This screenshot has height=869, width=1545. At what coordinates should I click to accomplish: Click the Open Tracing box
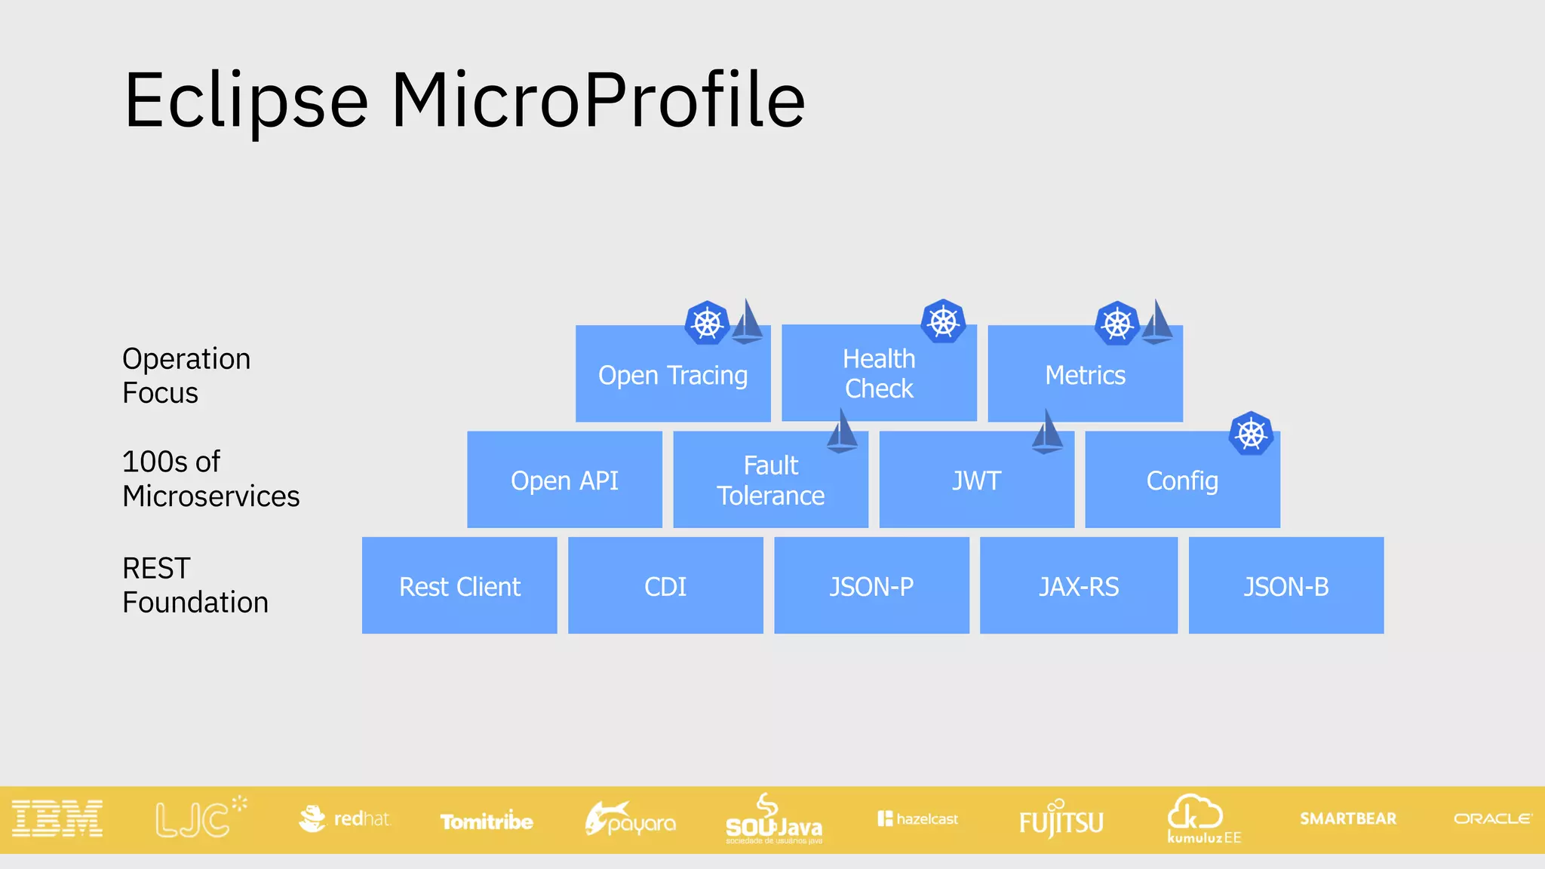point(672,375)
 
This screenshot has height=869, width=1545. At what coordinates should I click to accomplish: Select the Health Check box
point(879,373)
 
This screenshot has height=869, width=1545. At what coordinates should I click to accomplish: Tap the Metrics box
point(1085,375)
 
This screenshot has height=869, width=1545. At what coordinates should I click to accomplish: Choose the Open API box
point(564,481)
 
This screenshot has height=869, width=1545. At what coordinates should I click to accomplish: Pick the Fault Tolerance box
point(770,481)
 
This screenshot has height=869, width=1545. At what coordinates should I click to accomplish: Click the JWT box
point(976,481)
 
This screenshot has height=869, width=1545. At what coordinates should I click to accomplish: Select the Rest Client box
point(459,586)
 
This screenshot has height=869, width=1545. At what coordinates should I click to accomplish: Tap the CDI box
point(665,586)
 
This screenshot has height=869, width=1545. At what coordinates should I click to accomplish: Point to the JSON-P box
point(871,586)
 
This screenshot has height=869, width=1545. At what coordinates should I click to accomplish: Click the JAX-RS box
point(1079,586)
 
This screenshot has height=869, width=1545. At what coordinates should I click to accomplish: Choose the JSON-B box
point(1286,586)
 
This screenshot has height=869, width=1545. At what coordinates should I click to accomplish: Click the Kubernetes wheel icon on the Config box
point(1251,434)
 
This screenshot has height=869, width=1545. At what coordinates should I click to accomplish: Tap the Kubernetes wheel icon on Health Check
point(943,322)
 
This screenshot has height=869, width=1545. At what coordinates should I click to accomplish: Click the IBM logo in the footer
point(57,819)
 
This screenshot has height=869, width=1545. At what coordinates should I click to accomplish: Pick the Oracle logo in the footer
point(1492,818)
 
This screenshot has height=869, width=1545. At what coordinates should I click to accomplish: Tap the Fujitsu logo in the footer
point(1061,821)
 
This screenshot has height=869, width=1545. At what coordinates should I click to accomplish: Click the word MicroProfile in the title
point(597,100)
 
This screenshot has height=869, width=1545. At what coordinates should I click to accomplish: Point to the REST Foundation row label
point(195,585)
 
